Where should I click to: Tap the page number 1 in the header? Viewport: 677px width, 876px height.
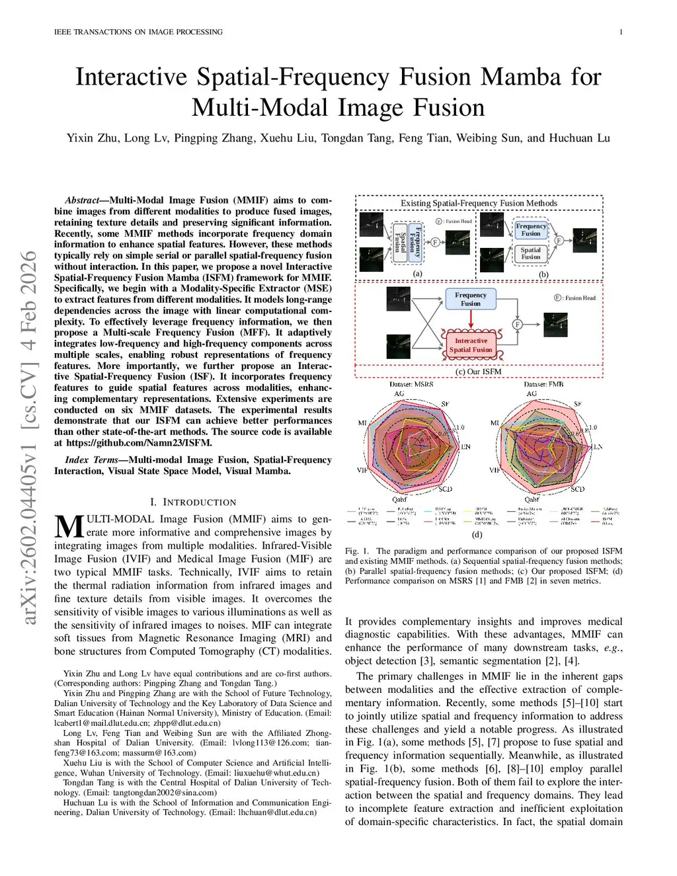621,32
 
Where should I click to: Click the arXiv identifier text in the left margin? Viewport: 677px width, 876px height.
28,436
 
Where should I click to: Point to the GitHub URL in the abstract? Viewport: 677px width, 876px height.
139,443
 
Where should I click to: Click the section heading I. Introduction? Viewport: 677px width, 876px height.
193,502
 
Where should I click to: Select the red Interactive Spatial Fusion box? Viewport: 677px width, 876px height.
471,345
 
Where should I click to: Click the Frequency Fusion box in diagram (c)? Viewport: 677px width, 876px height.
471,299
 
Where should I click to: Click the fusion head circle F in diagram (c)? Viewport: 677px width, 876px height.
518,324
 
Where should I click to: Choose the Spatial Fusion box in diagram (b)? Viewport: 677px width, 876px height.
530,254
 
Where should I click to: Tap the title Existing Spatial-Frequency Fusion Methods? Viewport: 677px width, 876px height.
479,203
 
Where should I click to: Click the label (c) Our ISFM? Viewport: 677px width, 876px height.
479,372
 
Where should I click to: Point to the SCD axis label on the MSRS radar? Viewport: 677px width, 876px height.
446,489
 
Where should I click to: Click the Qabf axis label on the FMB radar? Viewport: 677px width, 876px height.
532,500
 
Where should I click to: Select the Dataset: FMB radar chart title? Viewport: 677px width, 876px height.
543,384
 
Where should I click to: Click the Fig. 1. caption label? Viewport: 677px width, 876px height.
357,551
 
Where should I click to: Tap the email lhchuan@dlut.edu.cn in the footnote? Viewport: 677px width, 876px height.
277,812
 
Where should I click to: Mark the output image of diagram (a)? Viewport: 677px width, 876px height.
458,243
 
